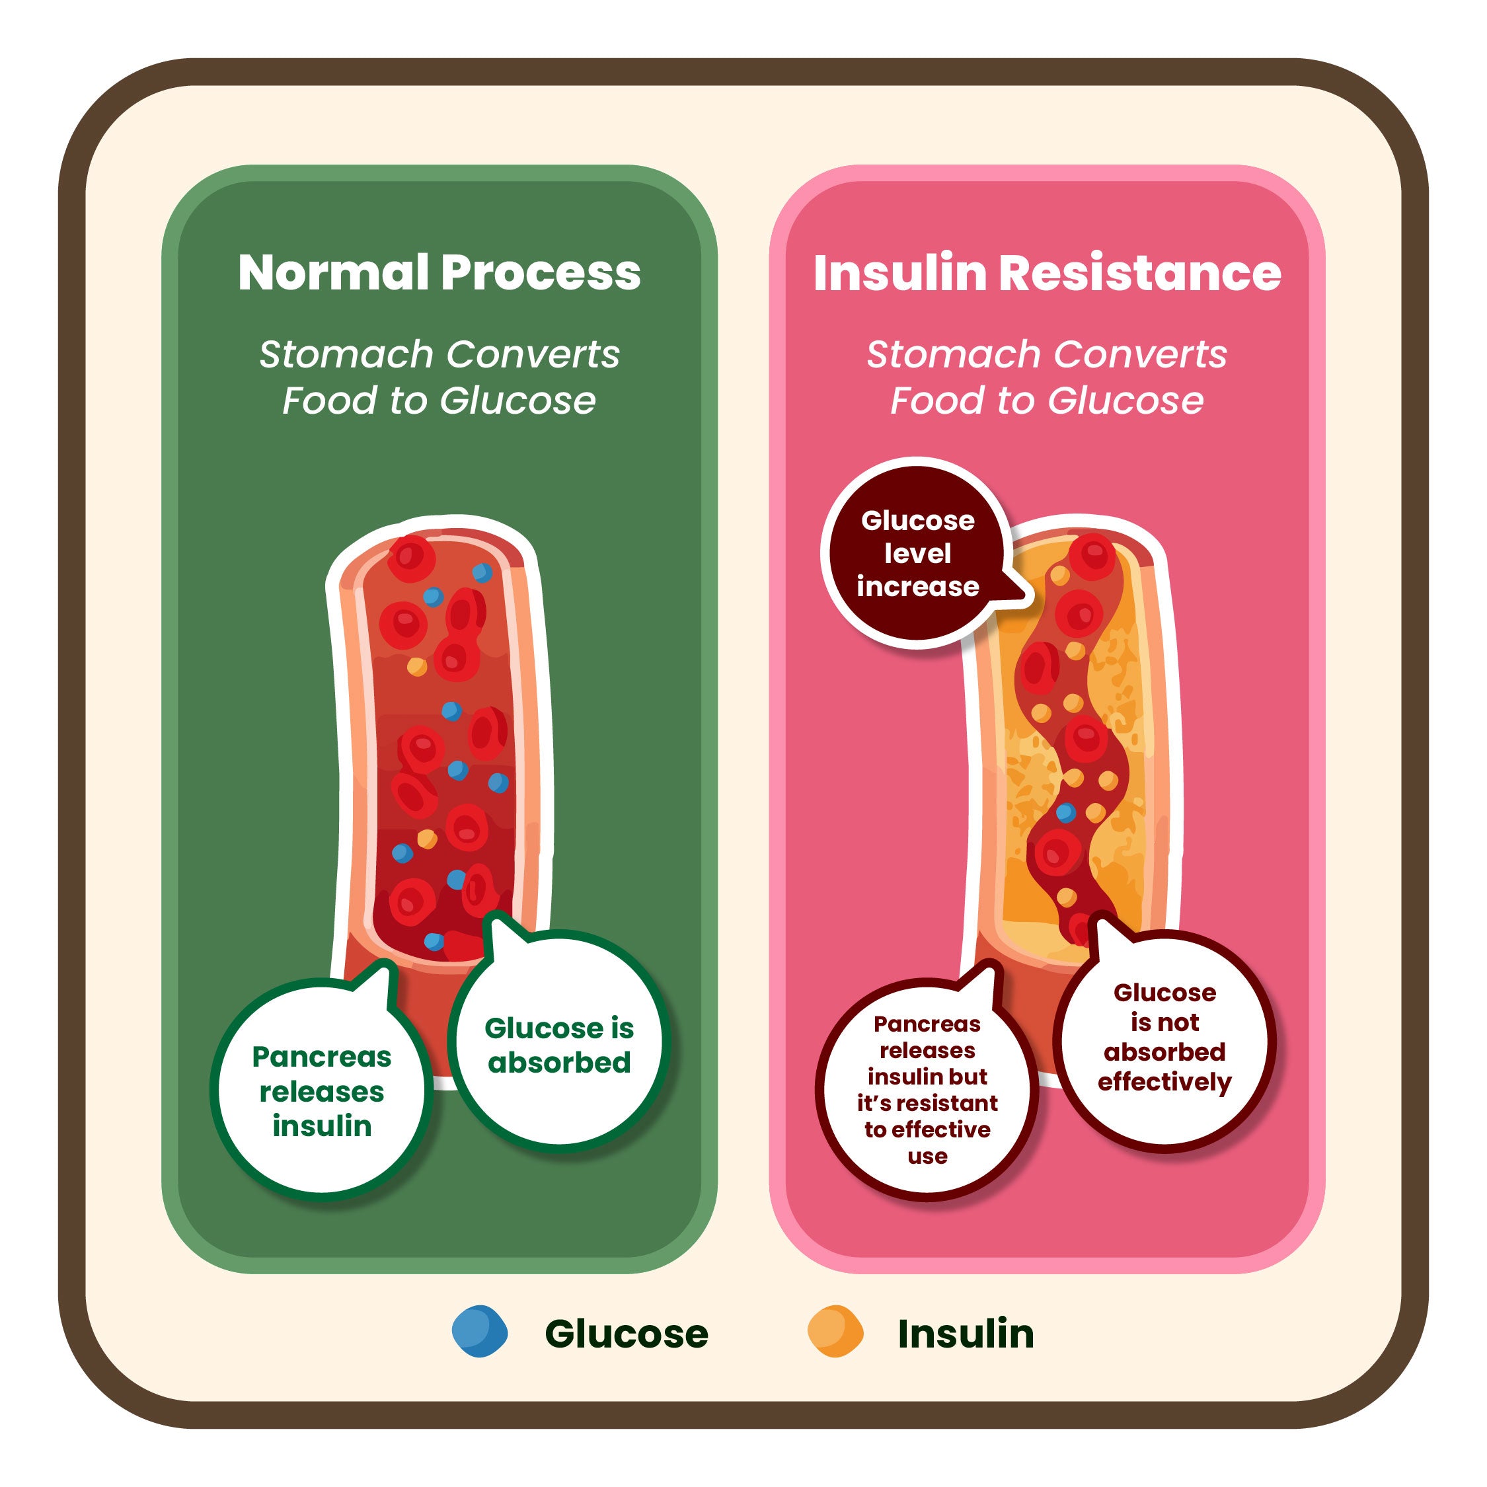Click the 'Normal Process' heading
pyautogui.click(x=439, y=272)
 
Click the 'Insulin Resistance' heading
pyautogui.click(x=1047, y=272)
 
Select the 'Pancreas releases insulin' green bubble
pyautogui.click(x=322, y=1091)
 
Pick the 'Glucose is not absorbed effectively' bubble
pyautogui.click(x=1164, y=1038)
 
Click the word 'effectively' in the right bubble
pyautogui.click(x=1164, y=1082)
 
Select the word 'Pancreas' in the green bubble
pyautogui.click(x=322, y=1057)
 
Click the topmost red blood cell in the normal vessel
pyautogui.click(x=411, y=557)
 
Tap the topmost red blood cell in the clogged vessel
pyautogui.click(x=1092, y=556)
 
